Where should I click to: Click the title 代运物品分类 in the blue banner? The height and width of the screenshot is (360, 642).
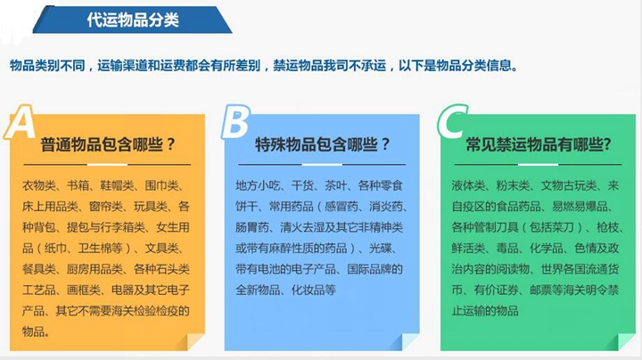click(x=134, y=20)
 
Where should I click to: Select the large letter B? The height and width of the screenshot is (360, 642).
click(x=235, y=122)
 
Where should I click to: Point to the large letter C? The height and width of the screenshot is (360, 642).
click(x=452, y=123)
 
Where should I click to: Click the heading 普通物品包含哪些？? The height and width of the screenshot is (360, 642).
click(x=108, y=144)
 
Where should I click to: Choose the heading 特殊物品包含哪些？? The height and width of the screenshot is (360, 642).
click(x=323, y=144)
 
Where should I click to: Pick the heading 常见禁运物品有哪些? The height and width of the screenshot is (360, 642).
click(x=539, y=144)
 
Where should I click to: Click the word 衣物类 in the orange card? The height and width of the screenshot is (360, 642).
click(x=38, y=185)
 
